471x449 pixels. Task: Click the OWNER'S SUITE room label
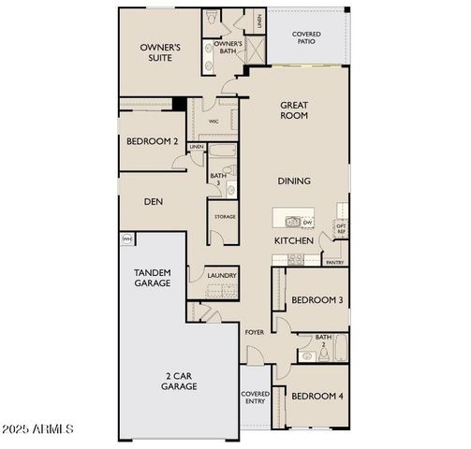point(160,51)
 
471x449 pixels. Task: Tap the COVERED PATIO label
point(306,38)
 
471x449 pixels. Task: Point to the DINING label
point(294,181)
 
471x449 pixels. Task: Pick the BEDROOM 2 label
point(152,141)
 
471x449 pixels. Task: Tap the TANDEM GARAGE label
point(152,276)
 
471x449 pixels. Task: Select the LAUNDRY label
point(222,276)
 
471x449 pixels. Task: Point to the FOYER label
point(254,332)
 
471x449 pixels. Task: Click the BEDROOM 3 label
point(316,300)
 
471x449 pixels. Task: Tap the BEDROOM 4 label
point(316,396)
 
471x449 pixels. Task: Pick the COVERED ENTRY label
point(255,398)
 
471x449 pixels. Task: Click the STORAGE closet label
point(224,217)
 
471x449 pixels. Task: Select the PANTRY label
point(334,264)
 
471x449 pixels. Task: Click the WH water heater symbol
point(126,240)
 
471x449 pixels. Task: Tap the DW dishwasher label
point(307,223)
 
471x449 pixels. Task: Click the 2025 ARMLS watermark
point(39,429)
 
